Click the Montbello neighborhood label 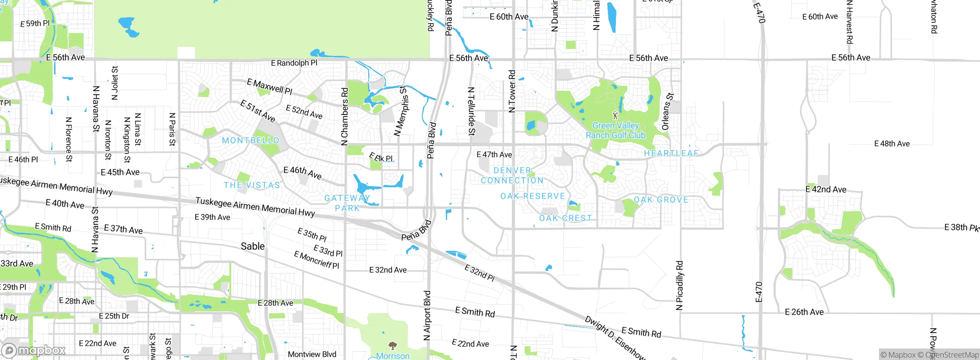[251, 141]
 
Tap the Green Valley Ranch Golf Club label [616, 131]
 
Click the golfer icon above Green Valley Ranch [615, 115]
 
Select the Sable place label [253, 246]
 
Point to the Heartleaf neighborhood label [671, 153]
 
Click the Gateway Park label [347, 203]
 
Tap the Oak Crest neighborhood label [565, 218]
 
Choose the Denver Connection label [512, 175]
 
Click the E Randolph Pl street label [294, 63]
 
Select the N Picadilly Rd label [679, 285]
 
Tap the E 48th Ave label [892, 144]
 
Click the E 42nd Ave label [826, 189]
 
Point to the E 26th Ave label [804, 312]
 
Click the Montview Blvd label [312, 354]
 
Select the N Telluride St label [472, 111]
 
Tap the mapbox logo [34, 350]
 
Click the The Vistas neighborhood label [252, 185]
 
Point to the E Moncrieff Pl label [317, 260]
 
